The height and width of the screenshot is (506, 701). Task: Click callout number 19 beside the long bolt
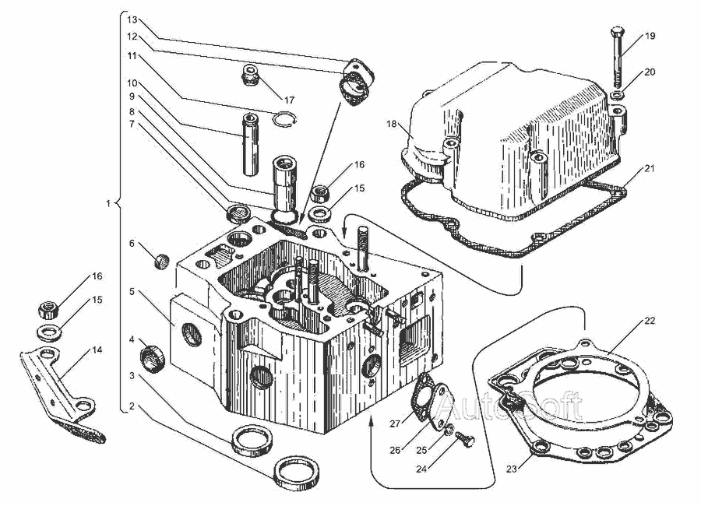[650, 37]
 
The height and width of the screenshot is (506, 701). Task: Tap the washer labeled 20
[617, 95]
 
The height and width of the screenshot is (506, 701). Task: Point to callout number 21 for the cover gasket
[650, 169]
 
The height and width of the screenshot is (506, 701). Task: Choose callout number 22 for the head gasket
[650, 321]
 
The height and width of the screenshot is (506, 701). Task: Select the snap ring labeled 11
[287, 118]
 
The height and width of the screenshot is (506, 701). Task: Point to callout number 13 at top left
[132, 18]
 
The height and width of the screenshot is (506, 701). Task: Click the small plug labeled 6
[163, 259]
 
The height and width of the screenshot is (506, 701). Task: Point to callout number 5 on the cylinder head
[132, 291]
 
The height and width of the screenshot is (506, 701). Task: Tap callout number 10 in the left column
[132, 83]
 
